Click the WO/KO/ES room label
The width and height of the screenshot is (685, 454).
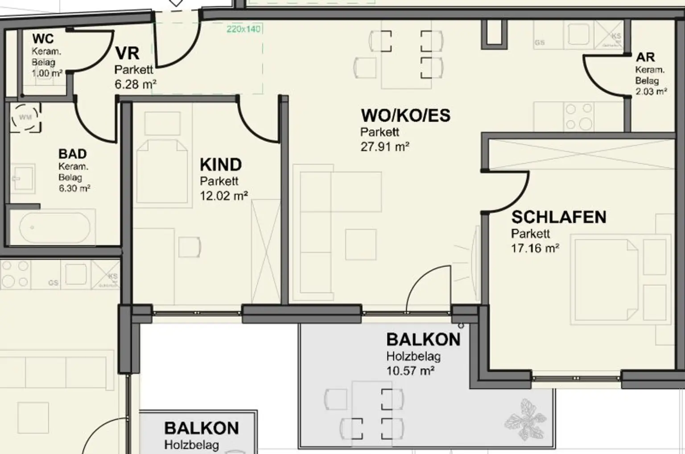pos(405,116)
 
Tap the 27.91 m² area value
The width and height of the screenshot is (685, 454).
pos(385,147)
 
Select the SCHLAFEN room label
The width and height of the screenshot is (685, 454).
pos(558,217)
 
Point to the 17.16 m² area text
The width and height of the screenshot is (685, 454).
pos(535,248)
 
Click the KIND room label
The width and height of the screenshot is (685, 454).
pos(221,165)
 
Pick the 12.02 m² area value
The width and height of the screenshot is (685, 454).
pos(223,196)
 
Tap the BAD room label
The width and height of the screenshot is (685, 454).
pos(72,154)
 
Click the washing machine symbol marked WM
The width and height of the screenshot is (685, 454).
pos(25,118)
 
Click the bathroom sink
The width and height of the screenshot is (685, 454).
pos(22,179)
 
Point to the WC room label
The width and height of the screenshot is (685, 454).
pos(43,39)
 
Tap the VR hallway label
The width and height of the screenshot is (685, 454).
pos(127,54)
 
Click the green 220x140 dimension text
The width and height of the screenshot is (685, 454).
pos(243,29)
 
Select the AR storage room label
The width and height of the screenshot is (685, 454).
pos(645,57)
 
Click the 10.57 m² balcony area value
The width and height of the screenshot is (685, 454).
pos(410,371)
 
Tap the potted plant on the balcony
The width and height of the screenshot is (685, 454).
pos(526,419)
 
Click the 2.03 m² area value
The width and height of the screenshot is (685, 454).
pos(651,92)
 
